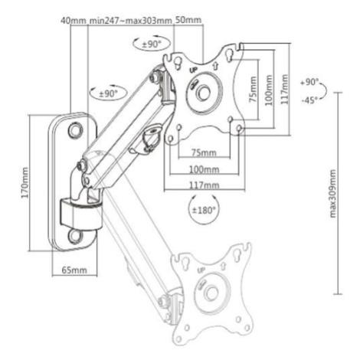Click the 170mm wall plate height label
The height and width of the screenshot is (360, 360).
(25, 182)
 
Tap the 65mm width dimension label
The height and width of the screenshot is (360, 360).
(74, 270)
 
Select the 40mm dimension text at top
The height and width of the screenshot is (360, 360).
(74, 21)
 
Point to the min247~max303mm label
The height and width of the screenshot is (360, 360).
(130, 21)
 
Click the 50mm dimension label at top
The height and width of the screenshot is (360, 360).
(188, 20)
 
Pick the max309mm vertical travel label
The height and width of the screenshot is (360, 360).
(333, 193)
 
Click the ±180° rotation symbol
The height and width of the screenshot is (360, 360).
(204, 210)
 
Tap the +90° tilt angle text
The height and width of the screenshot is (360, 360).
(309, 82)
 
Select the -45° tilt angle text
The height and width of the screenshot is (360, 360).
(309, 100)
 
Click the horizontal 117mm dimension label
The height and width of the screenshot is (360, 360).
(204, 185)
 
